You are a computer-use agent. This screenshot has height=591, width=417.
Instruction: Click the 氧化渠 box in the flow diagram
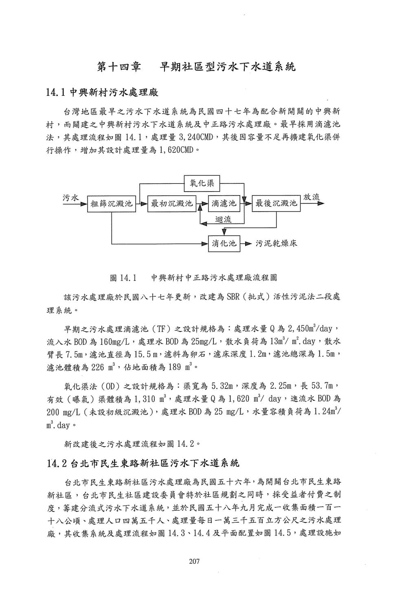click(x=202, y=183)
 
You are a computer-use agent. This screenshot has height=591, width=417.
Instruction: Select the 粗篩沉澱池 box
click(x=111, y=203)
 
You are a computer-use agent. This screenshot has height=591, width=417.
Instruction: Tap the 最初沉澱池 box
click(x=172, y=203)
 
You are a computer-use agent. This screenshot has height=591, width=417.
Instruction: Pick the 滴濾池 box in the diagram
click(x=224, y=203)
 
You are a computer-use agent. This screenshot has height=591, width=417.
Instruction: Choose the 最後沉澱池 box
click(x=276, y=203)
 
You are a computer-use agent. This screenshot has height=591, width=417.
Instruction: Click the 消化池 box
click(x=224, y=244)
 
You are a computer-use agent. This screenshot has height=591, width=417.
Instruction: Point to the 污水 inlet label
click(x=70, y=198)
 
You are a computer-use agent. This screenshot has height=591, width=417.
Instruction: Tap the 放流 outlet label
click(x=312, y=197)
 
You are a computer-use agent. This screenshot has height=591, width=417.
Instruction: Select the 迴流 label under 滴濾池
click(x=223, y=219)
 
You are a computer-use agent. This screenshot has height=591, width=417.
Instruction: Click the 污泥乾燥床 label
click(x=277, y=244)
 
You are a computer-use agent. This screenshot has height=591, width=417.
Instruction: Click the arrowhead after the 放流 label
click(x=320, y=203)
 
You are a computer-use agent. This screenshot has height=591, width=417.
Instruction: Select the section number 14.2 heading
click(x=57, y=463)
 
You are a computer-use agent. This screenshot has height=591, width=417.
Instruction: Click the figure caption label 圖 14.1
click(x=123, y=278)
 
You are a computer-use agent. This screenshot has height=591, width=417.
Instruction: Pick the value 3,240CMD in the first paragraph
click(x=191, y=137)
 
